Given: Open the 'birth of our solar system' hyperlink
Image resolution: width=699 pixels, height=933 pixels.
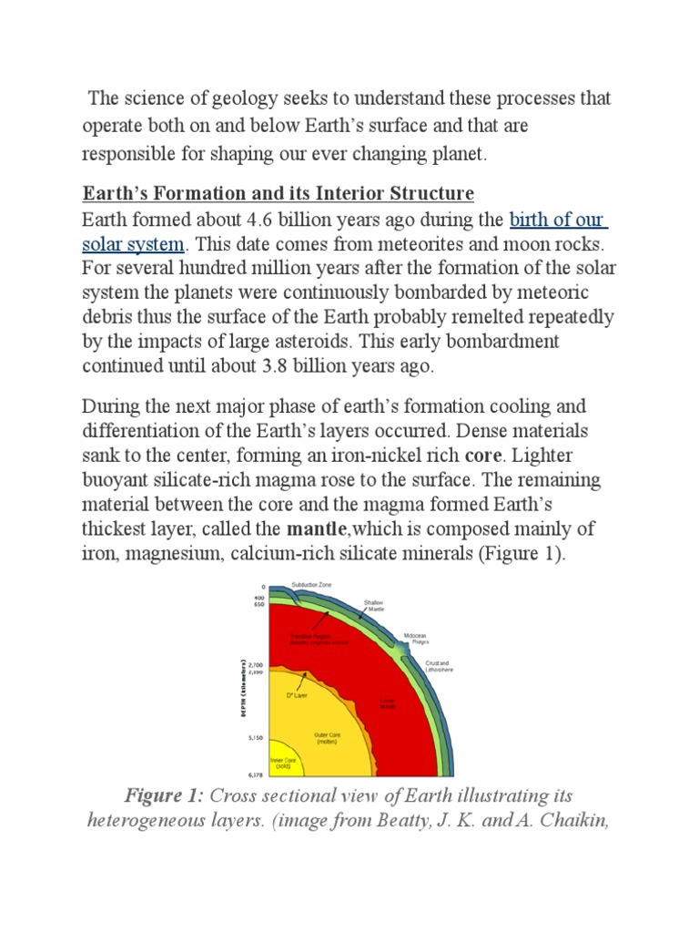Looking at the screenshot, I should click(x=558, y=220).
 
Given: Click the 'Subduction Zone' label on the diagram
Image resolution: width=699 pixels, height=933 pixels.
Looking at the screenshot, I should click(x=314, y=584).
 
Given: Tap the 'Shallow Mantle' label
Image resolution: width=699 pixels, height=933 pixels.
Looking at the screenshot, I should click(x=374, y=605).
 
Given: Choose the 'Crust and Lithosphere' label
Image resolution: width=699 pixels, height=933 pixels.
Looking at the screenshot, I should click(x=438, y=666).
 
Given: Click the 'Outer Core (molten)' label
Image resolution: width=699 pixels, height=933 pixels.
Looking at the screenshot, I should click(x=327, y=739).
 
